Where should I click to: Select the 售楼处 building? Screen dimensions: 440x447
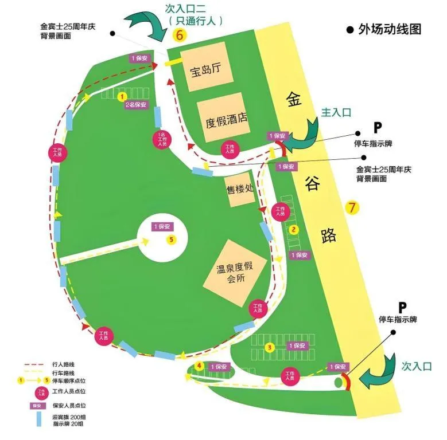coord(240,188)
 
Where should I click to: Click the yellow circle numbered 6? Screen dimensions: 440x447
coord(180,35)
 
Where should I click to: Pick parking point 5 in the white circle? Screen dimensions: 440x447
coord(170,239)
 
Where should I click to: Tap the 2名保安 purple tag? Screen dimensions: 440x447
coord(136,105)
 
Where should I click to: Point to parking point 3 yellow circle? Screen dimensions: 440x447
coord(270,347)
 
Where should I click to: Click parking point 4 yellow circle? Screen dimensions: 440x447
coord(199,365)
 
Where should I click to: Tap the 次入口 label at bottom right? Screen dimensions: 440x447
coord(416,366)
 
